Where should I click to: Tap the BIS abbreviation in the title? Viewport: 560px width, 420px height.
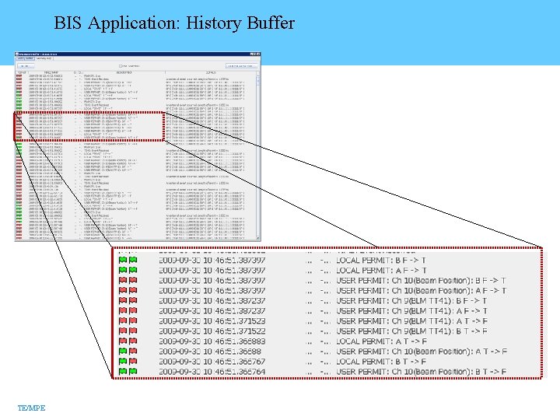coord(69,23)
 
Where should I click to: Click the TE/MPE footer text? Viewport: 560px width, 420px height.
coord(31,408)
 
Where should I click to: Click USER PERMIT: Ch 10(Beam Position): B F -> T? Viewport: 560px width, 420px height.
coord(420,281)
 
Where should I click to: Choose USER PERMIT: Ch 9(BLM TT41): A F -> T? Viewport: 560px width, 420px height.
coord(412,311)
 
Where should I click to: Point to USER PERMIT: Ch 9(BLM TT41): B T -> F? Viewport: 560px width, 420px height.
coord(412,331)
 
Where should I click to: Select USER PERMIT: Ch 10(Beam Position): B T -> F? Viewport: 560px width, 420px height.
coord(420,372)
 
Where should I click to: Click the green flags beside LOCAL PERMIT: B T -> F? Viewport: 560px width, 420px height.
coord(128,362)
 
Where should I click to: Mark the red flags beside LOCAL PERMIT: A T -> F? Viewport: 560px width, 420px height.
coord(128,341)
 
